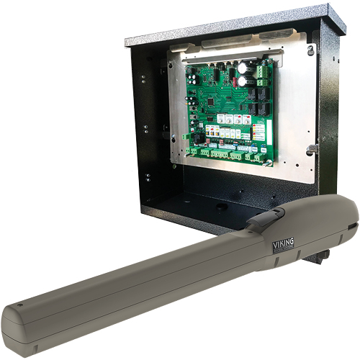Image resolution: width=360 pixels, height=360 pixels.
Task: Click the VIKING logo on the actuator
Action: click(283, 246)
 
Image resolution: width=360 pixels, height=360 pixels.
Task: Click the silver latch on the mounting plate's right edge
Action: click(312, 149)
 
